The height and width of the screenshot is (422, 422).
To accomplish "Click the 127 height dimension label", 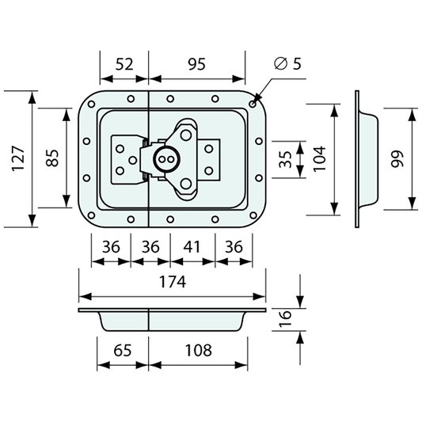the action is (x=18, y=158).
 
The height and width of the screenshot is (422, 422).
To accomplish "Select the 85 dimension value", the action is (x=52, y=158).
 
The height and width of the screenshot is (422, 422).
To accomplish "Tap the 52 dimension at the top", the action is (x=124, y=64).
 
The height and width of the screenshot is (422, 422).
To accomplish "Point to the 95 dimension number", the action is (x=196, y=64).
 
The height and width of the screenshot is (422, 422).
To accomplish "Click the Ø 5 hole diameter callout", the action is (x=287, y=63).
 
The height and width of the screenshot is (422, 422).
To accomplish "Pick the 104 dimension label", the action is (x=320, y=158).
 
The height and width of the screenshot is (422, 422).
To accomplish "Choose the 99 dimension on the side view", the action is (x=397, y=159).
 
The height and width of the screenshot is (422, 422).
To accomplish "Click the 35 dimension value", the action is (x=285, y=159).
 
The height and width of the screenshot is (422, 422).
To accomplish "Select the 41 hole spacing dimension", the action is (x=192, y=247).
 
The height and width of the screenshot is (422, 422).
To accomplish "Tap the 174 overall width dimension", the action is (x=173, y=282).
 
